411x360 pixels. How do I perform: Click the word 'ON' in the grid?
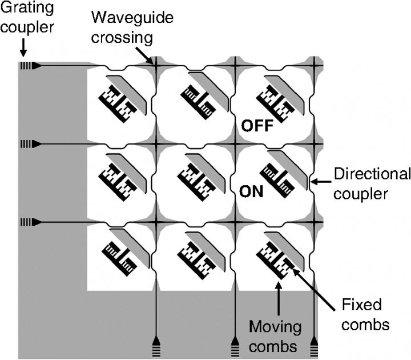click(x=251, y=191)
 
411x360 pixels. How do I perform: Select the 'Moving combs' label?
click(x=275, y=336)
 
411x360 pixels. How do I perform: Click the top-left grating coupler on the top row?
click(x=25, y=66)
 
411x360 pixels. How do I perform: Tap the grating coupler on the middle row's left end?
click(x=25, y=143)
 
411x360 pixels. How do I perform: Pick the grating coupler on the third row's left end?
click(x=25, y=221)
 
